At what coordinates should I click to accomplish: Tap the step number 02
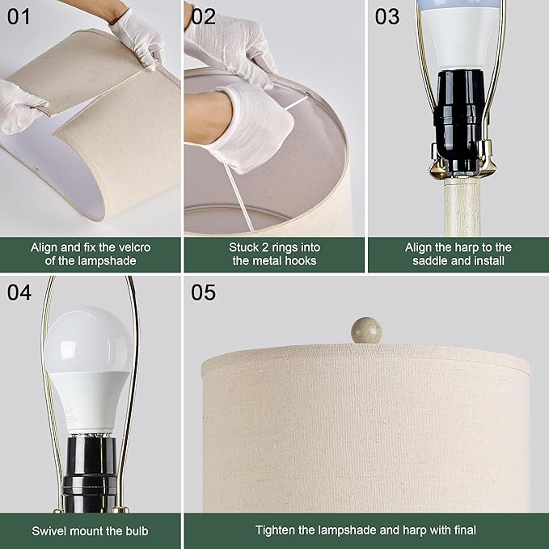[x=204, y=16]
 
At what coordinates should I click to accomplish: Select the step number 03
[x=387, y=16]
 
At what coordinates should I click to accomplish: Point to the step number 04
[x=19, y=292]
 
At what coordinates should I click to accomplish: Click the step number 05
[x=204, y=292]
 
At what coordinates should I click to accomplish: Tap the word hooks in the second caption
[x=298, y=260]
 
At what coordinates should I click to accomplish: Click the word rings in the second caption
[x=281, y=247]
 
